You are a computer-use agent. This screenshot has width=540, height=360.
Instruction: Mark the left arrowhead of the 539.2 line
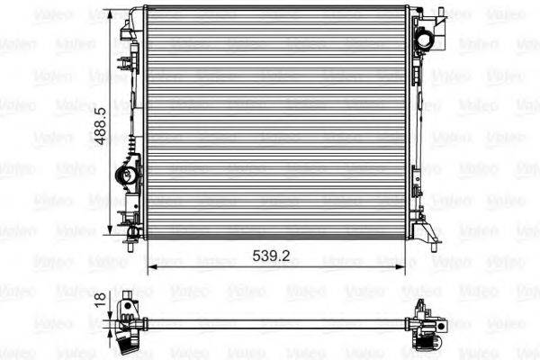tap(149, 266)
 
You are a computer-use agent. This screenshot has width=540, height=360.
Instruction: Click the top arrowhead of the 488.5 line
tap(113, 16)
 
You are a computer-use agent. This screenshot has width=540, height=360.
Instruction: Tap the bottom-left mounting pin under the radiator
tap(131, 244)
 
